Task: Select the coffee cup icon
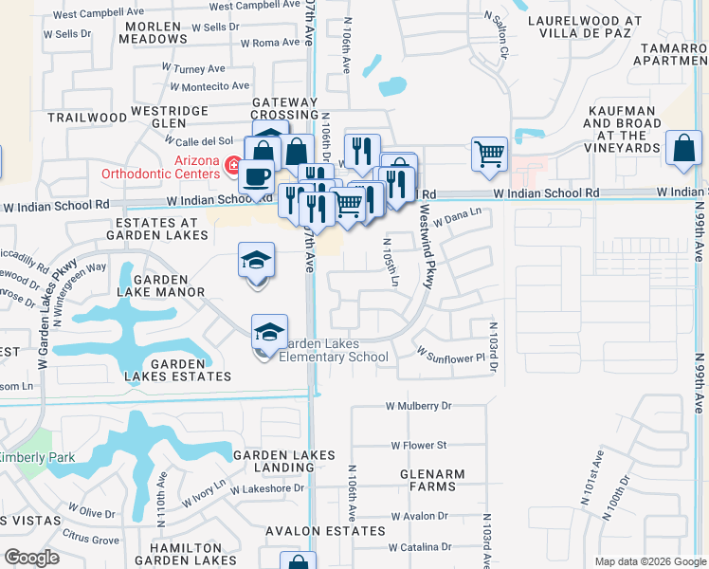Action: coord(256,176)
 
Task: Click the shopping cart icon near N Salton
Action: coord(489,152)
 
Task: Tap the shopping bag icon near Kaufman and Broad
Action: coord(683,149)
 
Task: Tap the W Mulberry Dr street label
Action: coord(419,406)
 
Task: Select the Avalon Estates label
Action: coord(309,531)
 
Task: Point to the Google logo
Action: coord(32,557)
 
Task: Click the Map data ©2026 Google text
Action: coord(650,561)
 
